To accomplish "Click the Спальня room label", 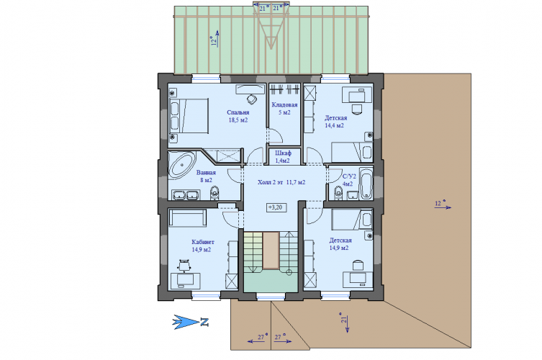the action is pos(238,112).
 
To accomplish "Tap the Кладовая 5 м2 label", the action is pos(284,109).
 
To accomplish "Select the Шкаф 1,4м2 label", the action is pos(283,157).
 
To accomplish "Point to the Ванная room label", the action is pos(206,173).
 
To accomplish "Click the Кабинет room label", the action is pos(202,242).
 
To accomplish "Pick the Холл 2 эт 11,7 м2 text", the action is pos(281,182).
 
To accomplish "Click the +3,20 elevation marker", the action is pos(276,207).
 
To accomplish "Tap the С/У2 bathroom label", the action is pos(349,176).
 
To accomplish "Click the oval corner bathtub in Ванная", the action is pos(182,166).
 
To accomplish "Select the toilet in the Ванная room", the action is pos(214,193).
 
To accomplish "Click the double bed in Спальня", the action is pos(189,115).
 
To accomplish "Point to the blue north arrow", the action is pos(186,322).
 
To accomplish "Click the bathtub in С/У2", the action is pos(366,184).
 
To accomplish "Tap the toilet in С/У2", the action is pos(338,192).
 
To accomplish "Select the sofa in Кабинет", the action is pos(187,217).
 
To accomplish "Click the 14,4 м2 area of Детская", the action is pos(334,125).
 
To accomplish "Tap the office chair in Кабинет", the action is pos(184,266).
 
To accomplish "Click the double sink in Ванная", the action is pos(185,194).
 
